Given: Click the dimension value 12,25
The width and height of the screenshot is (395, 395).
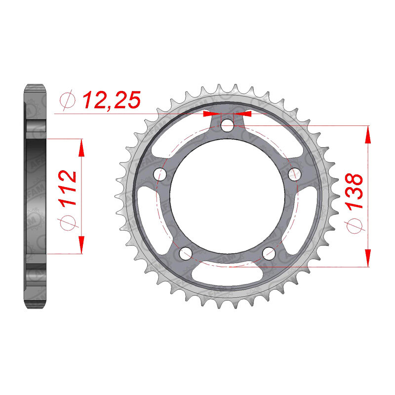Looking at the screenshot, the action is pyautogui.click(x=112, y=100).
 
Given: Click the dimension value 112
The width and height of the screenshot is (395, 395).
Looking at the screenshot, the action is pyautogui.click(x=67, y=188).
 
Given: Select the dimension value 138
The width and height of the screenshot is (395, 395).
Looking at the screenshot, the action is pyautogui.click(x=354, y=191).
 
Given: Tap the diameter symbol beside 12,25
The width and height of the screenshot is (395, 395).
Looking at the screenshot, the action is pyautogui.click(x=67, y=100).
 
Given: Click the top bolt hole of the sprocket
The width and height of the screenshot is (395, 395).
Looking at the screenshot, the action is pyautogui.click(x=227, y=125).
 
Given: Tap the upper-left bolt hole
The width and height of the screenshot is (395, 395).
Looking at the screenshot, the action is pyautogui.click(x=160, y=174).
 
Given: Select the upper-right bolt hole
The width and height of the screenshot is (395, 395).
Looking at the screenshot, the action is pyautogui.click(x=294, y=174).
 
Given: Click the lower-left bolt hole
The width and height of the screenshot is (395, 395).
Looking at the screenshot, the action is pyautogui.click(x=186, y=253).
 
